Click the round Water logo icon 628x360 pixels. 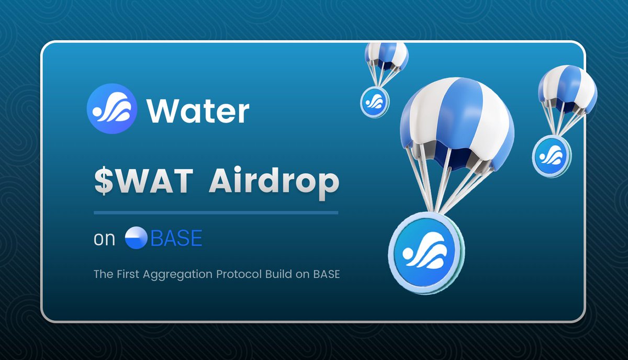point(112,109)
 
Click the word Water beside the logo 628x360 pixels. point(198,111)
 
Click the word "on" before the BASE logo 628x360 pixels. point(104,239)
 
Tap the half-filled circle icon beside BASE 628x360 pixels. point(136,238)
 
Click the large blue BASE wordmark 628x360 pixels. point(176,239)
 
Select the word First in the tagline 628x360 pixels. point(122,274)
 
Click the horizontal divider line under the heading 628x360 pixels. point(216,212)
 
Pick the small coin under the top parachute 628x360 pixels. point(375,102)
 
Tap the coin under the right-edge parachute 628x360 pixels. point(551,155)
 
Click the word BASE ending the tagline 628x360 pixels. point(328,274)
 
